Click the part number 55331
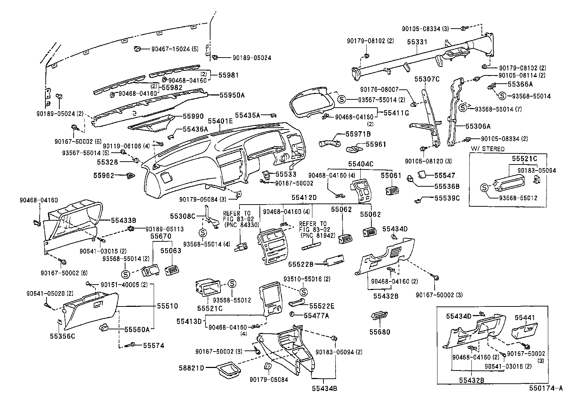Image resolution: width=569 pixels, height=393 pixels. [x=417, y=42]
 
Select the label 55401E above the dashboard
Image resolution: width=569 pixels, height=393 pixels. [x=220, y=121]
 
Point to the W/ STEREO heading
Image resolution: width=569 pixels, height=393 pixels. [x=488, y=149]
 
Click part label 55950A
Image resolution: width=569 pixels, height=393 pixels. [x=232, y=95]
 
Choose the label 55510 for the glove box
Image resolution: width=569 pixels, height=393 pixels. [x=167, y=306]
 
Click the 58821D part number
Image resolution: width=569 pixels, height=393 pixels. [x=192, y=368]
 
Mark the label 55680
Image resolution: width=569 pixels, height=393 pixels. [x=380, y=332]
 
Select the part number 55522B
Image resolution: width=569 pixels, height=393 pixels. [x=301, y=264]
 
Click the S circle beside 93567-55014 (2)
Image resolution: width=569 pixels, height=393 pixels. [x=342, y=99]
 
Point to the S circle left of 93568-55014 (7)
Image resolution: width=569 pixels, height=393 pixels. [x=463, y=108]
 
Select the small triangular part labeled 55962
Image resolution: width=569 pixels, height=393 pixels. [x=131, y=176]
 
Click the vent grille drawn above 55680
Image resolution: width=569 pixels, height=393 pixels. [x=379, y=316]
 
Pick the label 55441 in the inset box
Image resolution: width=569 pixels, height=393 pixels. [x=525, y=318]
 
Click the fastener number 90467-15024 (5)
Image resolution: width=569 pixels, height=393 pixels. [x=175, y=49]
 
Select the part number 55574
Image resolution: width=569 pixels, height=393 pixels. [x=154, y=345]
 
